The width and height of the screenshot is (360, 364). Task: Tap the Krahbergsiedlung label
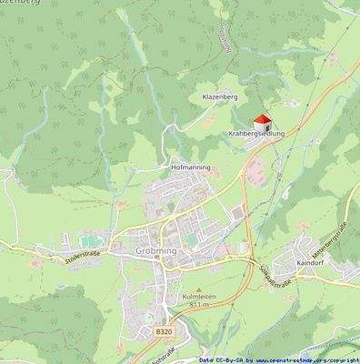pyautogui.click(x=257, y=134)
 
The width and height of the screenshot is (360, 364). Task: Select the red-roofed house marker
pyautogui.click(x=261, y=120)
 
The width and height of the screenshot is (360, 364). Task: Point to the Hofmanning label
pyautogui.click(x=191, y=168)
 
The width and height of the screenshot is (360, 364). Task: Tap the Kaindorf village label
pyautogui.click(x=313, y=261)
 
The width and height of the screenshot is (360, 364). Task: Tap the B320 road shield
pyautogui.click(x=162, y=333)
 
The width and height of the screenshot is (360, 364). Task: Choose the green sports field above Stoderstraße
pyautogui.click(x=87, y=238)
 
